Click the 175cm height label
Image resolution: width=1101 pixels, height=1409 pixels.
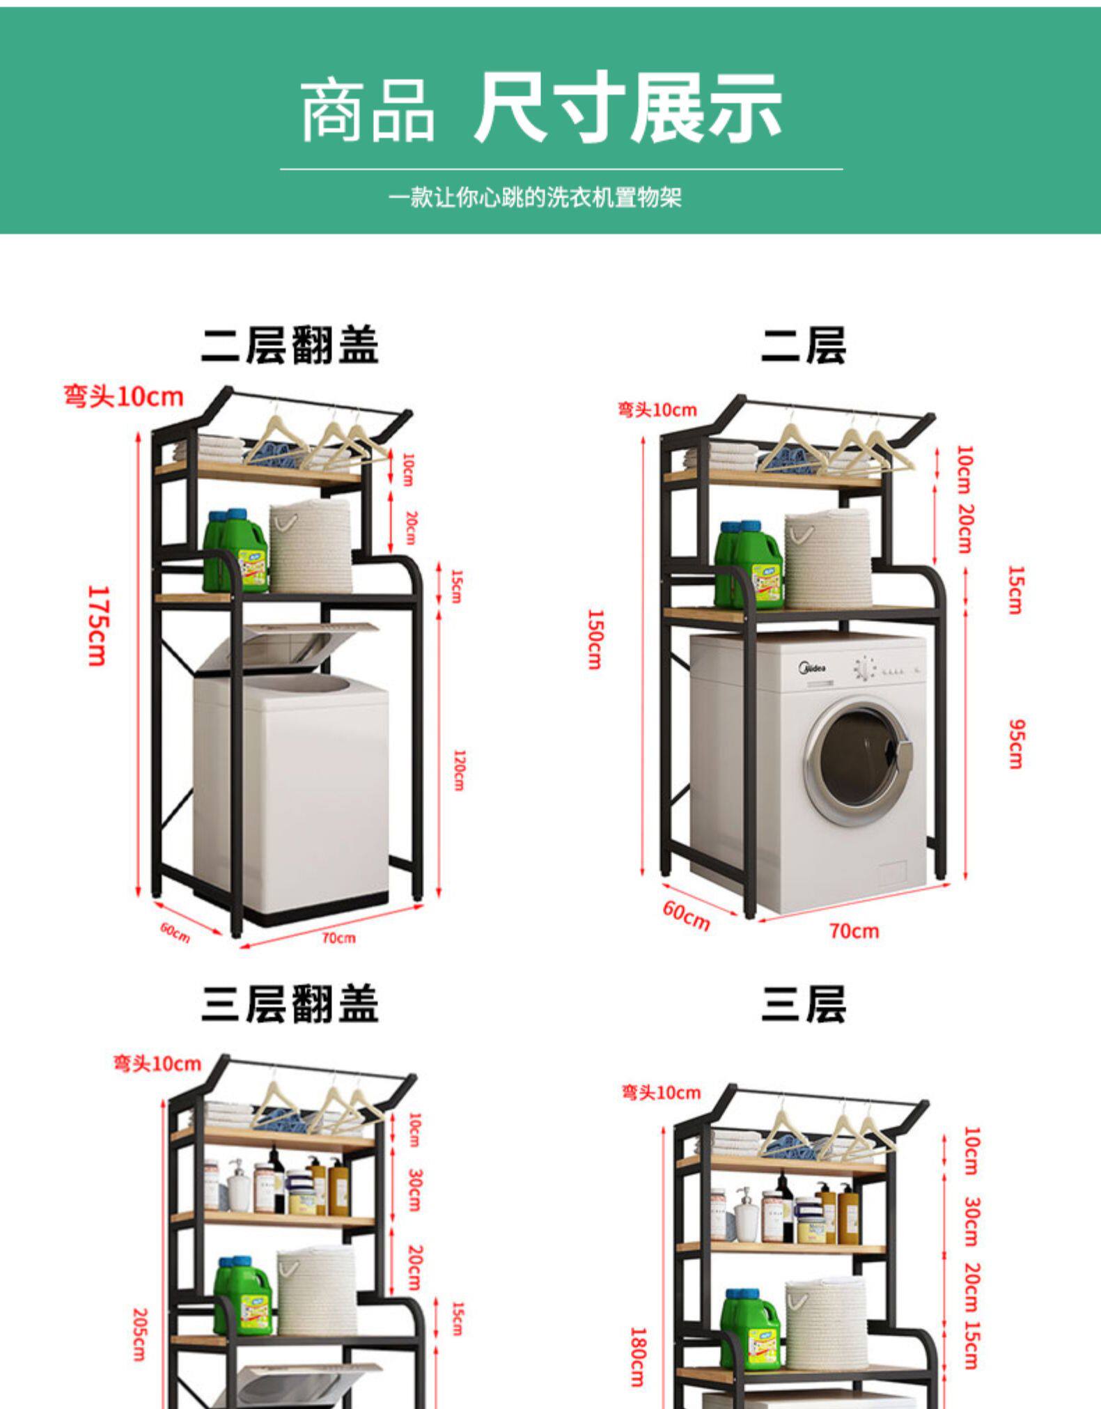point(97,625)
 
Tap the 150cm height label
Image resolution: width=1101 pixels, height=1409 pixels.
point(594,639)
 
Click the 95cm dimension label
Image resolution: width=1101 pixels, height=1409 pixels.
point(1017,744)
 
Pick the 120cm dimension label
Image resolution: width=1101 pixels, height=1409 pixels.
point(459,770)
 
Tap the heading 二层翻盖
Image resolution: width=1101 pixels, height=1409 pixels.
point(290,345)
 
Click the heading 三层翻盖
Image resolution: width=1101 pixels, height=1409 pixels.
point(290,1004)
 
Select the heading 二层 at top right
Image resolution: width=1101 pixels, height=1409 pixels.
point(803,345)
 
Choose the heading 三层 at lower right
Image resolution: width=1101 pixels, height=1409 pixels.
point(803,1004)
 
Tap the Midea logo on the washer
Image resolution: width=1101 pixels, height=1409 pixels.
point(812,669)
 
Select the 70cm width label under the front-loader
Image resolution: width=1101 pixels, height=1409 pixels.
point(854,931)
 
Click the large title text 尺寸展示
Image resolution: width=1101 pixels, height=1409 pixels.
point(627,108)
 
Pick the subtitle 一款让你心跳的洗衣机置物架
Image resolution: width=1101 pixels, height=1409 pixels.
point(535,198)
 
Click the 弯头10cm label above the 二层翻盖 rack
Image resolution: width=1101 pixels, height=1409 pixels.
point(123,397)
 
